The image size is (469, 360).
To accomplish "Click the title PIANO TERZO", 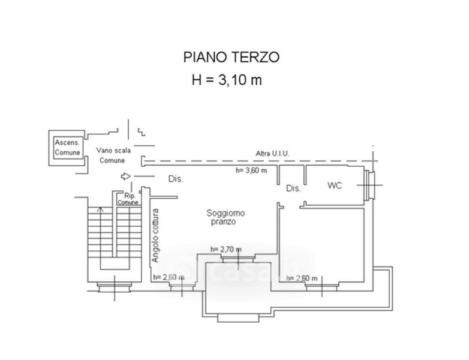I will tap(231, 58).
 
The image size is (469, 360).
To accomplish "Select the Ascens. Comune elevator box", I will tap(67, 148).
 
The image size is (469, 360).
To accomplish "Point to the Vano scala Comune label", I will tap(112, 156).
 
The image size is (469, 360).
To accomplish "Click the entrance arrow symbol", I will tap(125, 176).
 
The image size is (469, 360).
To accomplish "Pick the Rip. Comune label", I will tap(128, 199).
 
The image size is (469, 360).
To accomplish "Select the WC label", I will tap(335, 185).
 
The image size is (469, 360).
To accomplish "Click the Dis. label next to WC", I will tap(293, 188).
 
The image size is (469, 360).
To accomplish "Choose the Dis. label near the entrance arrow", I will tap(175, 179).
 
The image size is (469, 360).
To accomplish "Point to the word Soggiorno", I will tap(226, 213).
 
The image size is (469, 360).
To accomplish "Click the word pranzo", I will tap(223, 221).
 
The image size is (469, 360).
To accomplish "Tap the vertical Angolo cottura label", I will tap(155, 235).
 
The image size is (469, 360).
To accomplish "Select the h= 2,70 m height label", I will tap(226, 250).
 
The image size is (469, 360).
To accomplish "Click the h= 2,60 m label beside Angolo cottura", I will tap(169, 277).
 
